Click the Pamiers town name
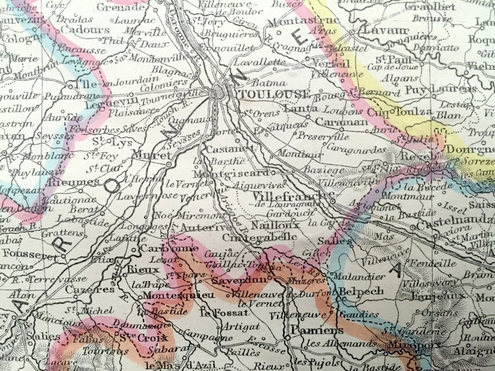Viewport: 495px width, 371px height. point(311,331)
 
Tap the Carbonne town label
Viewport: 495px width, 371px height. point(169,249)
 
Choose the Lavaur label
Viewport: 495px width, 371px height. point(380,30)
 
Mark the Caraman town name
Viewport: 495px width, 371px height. point(341,122)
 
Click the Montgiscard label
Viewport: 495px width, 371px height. point(231,173)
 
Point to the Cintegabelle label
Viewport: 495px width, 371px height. point(260,237)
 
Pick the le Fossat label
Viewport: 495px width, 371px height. point(224,312)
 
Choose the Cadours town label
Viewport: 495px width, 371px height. point(85,30)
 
